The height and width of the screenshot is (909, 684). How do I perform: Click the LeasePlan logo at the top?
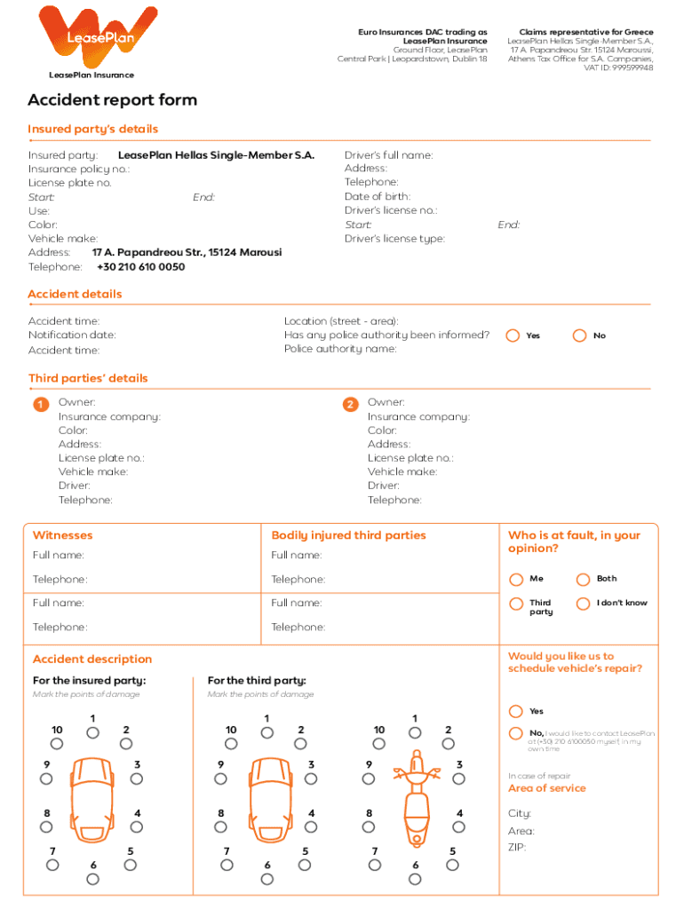(x=99, y=36)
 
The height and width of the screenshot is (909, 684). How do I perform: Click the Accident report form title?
(x=112, y=100)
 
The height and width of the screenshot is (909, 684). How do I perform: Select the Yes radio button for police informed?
(x=513, y=336)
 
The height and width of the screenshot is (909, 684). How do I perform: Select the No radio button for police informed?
(x=580, y=336)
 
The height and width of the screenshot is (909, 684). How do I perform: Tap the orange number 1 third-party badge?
(x=40, y=405)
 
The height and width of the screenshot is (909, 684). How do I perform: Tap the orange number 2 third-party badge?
(x=350, y=405)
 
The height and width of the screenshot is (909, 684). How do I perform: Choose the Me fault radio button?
(x=516, y=580)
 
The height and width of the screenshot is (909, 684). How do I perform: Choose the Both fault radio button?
(x=583, y=580)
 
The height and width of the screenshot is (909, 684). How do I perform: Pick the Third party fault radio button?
(x=516, y=605)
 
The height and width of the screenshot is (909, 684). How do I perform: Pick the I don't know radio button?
(x=583, y=605)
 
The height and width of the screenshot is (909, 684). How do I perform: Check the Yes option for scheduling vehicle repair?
(x=516, y=712)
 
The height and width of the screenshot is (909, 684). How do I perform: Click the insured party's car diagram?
(x=92, y=799)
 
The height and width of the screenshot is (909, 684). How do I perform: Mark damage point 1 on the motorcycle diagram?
(x=415, y=733)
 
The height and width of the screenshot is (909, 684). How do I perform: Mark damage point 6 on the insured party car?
(x=93, y=880)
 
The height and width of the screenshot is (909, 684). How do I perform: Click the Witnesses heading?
(x=62, y=535)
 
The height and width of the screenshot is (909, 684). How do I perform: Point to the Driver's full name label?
(x=388, y=154)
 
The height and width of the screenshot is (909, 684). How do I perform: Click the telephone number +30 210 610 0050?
(x=140, y=266)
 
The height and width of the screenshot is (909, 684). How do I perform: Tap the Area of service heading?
(x=546, y=788)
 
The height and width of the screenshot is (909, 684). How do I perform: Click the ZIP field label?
(x=518, y=848)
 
